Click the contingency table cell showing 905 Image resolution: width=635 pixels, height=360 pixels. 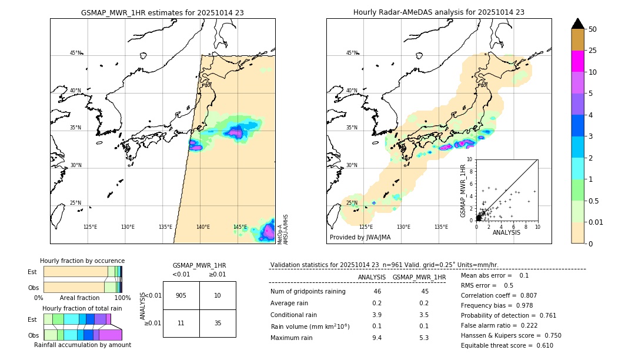click(181, 295)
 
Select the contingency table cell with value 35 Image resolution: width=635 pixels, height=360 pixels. click(218, 323)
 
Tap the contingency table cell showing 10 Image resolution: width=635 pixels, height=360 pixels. click(218, 295)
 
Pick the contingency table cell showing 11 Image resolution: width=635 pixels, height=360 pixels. click(181, 323)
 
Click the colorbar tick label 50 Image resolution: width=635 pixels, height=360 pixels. click(593, 29)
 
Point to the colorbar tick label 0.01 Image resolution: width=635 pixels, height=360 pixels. click(596, 222)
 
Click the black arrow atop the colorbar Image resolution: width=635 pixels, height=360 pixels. click(578, 24)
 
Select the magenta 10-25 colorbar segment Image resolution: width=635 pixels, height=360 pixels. click(578, 61)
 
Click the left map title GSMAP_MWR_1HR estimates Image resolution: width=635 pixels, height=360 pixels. click(162, 12)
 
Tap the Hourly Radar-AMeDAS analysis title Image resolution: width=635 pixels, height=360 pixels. click(439, 12)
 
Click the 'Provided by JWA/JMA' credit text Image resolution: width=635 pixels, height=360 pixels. click(360, 238)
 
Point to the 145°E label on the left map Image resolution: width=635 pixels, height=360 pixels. click(240, 227)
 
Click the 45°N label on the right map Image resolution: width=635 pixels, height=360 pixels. click(352, 53)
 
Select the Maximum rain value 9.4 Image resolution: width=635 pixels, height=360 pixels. click(376, 338)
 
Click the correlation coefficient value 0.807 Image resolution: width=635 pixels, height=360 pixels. click(512, 295)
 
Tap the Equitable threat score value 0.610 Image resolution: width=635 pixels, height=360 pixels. click(541, 345)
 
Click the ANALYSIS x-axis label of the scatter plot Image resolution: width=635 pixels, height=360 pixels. click(506, 232)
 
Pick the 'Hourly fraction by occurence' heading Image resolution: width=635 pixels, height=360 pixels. click(82, 261)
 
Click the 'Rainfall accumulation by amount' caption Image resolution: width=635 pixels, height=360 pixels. click(82, 345)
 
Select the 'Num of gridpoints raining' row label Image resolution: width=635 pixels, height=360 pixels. click(308, 291)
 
